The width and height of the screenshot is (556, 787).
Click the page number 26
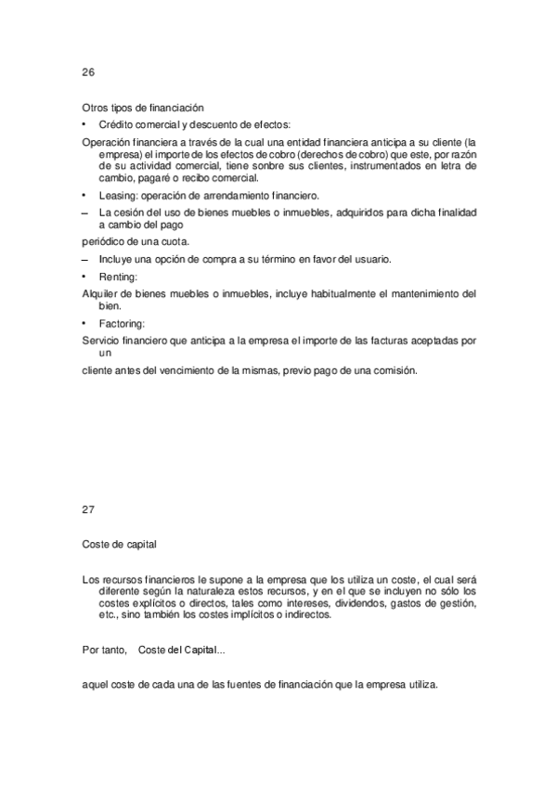[88, 73]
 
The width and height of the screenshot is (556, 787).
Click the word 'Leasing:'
[118, 196]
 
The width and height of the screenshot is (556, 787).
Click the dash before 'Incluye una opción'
[85, 257]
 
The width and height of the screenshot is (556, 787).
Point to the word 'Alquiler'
[101, 293]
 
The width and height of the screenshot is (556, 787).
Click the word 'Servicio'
[102, 341]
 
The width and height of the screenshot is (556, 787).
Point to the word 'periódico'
[104, 240]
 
